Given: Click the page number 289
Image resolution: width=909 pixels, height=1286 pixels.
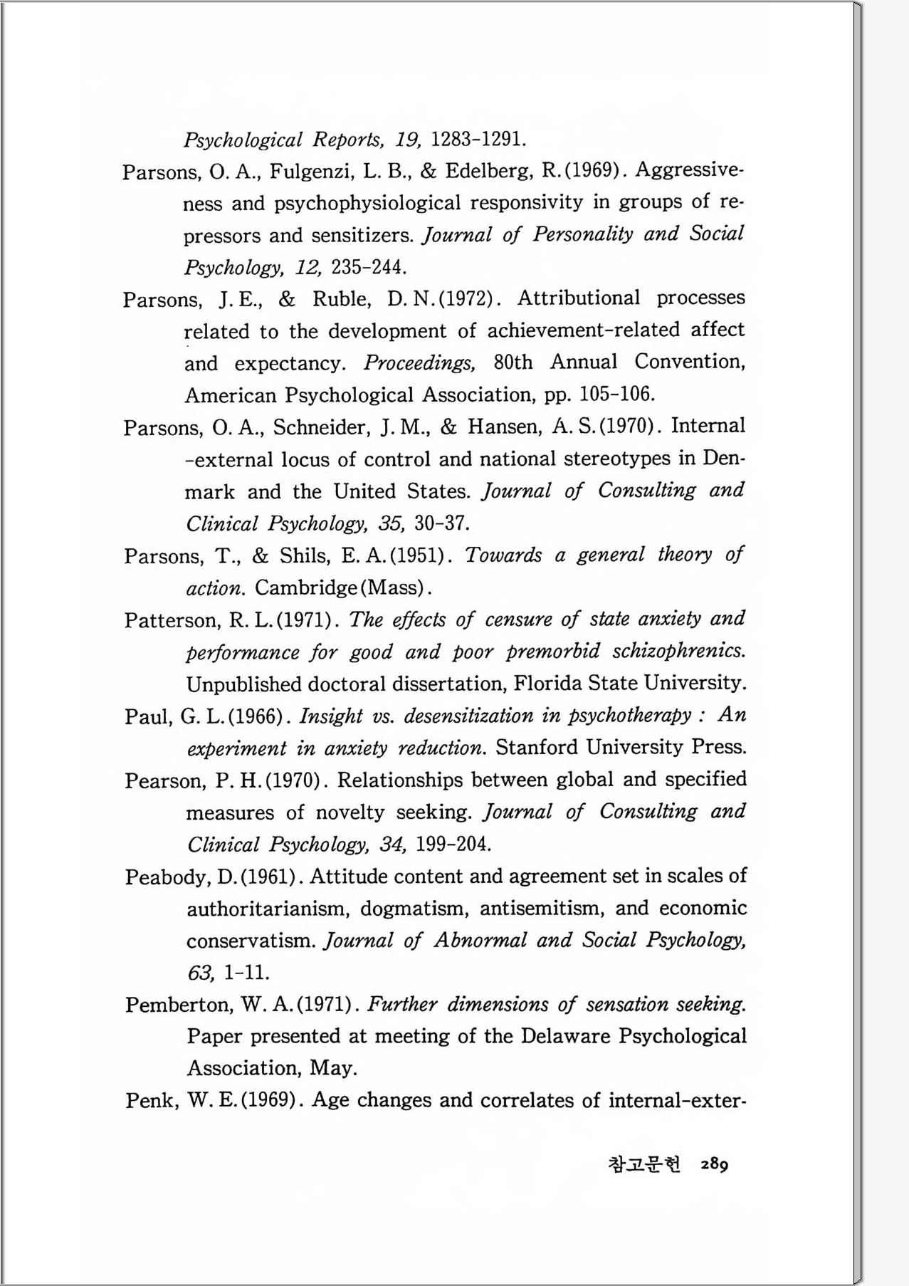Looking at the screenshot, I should point(713,1164).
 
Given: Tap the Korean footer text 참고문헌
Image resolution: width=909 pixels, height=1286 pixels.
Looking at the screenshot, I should point(644,1164).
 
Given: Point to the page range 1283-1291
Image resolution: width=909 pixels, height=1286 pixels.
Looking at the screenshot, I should point(479,139).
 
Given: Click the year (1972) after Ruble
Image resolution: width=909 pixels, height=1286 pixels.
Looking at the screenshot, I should point(467,298).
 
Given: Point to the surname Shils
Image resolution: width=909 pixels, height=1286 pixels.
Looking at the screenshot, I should point(306,555).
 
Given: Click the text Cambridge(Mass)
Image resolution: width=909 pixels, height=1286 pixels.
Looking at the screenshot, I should point(342,587).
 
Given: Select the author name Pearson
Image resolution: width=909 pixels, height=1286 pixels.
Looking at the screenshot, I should point(167,781).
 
